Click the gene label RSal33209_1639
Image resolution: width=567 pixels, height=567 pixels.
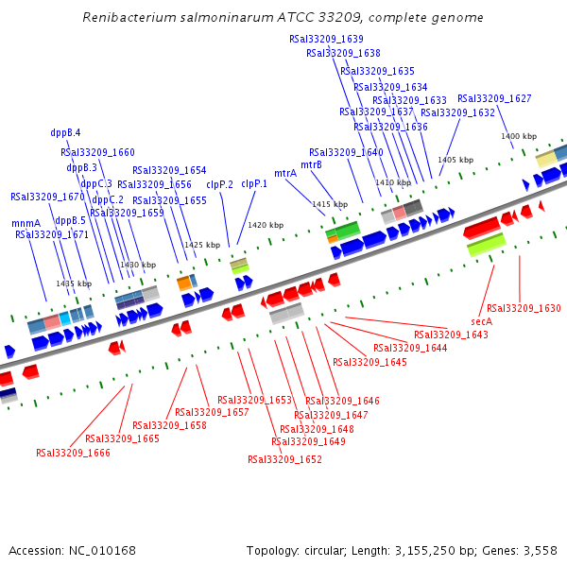point(326,39)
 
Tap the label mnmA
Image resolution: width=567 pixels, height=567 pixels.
point(26,224)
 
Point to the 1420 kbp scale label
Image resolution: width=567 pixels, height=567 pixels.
point(266,226)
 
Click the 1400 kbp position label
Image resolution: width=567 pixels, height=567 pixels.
point(519,137)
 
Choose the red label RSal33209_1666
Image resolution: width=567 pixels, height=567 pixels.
point(73,453)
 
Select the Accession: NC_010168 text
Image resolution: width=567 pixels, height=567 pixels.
point(73,550)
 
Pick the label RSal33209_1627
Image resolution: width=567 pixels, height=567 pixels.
point(494,98)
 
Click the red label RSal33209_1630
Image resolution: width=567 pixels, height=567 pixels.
point(524,308)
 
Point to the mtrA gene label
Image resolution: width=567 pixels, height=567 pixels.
point(285,174)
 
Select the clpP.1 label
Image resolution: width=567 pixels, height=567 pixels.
point(254,184)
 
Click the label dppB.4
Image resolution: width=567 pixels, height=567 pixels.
point(65,133)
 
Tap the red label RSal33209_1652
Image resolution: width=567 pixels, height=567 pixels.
point(284,459)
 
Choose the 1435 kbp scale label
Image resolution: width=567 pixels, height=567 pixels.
point(74,283)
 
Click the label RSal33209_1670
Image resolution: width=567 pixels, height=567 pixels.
point(47,197)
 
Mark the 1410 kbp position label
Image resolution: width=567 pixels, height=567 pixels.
point(393,182)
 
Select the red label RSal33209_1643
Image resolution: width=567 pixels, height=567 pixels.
point(451,335)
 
